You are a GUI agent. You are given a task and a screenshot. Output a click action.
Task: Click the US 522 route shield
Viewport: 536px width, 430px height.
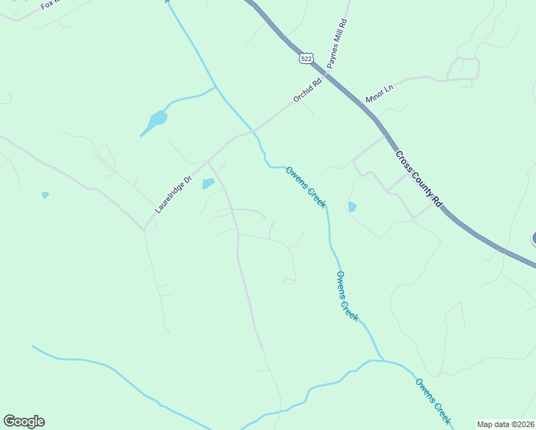[x=307, y=58]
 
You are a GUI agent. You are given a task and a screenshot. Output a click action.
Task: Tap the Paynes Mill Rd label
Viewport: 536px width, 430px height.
[x=337, y=44]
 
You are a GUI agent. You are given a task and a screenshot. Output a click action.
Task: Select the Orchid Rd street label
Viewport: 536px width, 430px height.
[x=307, y=90]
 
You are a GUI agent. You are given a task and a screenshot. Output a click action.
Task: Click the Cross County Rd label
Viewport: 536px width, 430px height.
[x=418, y=179]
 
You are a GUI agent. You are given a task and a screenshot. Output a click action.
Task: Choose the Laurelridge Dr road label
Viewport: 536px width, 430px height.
[x=174, y=195]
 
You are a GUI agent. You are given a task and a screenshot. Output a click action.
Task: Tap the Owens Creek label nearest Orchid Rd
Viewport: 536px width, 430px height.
[x=306, y=187]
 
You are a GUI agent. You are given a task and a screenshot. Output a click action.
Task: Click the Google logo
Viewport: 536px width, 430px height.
[x=24, y=421]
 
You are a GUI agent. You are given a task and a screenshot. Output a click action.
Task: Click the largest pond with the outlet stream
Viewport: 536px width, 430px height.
[x=157, y=119]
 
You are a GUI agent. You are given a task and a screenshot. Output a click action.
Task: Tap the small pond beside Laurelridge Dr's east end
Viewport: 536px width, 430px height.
[x=208, y=184]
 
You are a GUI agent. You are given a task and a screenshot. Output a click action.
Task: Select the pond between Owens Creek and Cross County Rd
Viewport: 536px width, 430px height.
[x=351, y=207]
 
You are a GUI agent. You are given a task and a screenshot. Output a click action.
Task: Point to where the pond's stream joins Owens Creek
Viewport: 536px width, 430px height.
[x=216, y=87]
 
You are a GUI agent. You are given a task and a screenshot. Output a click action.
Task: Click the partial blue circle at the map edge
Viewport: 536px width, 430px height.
[x=533, y=239]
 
